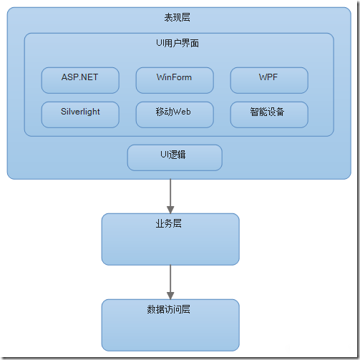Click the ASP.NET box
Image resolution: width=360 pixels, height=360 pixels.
(x=79, y=80)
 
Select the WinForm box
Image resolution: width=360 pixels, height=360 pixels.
(x=174, y=80)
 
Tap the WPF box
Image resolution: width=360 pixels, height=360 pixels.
(x=268, y=80)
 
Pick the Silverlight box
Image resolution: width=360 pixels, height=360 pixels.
(x=79, y=115)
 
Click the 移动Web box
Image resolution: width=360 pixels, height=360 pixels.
(x=174, y=115)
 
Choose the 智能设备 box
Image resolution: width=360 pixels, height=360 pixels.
(x=268, y=115)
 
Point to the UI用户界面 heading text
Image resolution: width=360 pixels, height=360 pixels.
(x=178, y=44)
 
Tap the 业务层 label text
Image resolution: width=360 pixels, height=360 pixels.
(x=170, y=223)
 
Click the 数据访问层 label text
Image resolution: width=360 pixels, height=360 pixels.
(x=170, y=309)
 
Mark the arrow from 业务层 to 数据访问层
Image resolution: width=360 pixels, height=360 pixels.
(x=170, y=279)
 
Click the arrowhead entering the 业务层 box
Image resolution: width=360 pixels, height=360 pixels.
(x=170, y=208)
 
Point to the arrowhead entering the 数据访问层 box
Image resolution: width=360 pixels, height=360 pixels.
(x=170, y=294)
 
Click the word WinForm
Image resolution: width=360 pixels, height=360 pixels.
(x=174, y=77)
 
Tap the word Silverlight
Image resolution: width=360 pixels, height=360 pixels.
(x=79, y=111)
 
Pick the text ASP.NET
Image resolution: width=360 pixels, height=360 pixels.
(x=79, y=77)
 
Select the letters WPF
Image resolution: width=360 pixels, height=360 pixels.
(x=268, y=77)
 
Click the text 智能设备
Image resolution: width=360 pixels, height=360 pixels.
(x=268, y=112)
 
